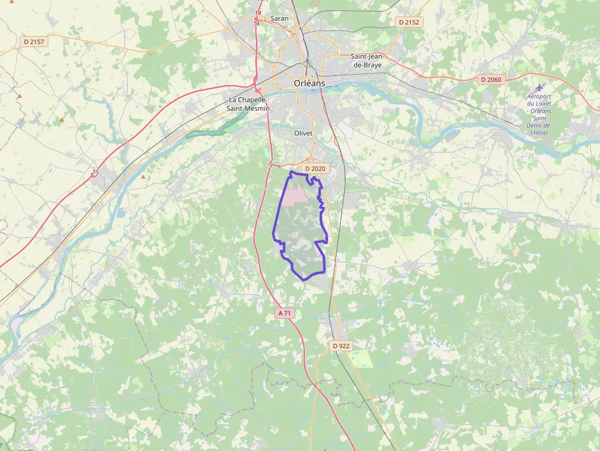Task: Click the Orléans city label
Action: tap(309, 83)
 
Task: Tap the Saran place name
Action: tap(279, 18)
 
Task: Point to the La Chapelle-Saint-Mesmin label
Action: tap(249, 103)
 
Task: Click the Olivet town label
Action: tap(304, 132)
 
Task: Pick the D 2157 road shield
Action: tap(34, 42)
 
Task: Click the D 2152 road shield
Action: tap(409, 22)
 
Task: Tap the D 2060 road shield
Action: tap(490, 79)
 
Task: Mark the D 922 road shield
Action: tap(341, 346)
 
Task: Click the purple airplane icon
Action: tap(539, 88)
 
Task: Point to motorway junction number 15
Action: tap(95, 172)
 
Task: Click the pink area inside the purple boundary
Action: tap(295, 195)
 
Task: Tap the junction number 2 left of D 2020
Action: tap(271, 163)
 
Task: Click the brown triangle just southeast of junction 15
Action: tap(143, 177)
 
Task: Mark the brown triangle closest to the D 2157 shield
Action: tap(20, 96)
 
